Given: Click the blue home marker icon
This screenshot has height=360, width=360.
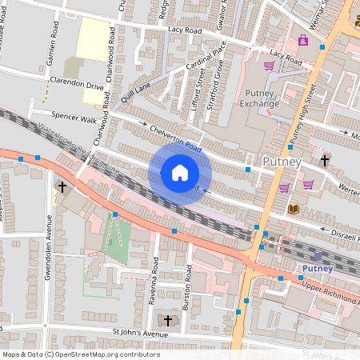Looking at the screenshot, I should click(180, 173).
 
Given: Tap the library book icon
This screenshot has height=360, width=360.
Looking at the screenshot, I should click(292, 209).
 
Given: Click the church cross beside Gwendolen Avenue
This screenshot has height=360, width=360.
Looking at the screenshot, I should click(62, 187).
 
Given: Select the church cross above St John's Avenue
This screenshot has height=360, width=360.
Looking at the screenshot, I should click(167, 320).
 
